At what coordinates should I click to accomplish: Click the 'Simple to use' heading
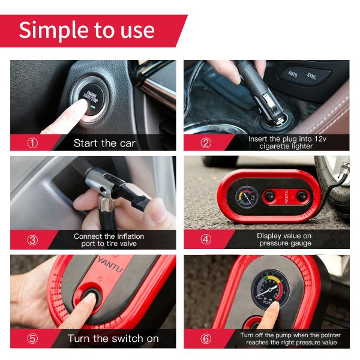tap(86, 31)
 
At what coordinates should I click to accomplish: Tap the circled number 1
tap(32, 143)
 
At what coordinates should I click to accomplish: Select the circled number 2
tap(206, 143)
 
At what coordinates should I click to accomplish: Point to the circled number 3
tap(32, 240)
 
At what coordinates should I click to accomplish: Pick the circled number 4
tap(206, 239)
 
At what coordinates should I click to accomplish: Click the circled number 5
tap(32, 338)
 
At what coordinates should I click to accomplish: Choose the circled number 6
tap(206, 338)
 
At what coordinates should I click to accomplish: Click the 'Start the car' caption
tap(104, 143)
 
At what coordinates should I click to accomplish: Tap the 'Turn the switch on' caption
tap(113, 338)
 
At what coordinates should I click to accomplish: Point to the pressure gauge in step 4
tap(247, 197)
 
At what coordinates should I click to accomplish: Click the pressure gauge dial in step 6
tap(271, 289)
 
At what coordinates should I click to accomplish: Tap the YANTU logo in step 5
tap(110, 265)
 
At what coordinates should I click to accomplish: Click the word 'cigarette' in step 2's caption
tap(273, 146)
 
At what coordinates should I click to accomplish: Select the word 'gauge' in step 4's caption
tap(300, 244)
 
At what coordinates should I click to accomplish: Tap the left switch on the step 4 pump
tap(269, 197)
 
